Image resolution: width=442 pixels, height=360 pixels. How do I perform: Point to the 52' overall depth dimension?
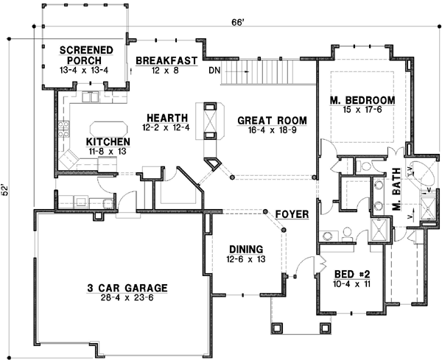7,190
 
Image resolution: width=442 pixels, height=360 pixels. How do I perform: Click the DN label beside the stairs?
214,71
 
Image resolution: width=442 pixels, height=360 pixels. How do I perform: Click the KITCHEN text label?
108,141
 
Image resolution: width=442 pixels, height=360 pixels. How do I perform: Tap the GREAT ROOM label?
272,120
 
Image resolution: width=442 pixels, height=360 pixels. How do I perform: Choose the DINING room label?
245,250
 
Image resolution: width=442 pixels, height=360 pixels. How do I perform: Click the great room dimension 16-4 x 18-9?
272,130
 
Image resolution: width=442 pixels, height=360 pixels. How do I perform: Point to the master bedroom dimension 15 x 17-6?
362,110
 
